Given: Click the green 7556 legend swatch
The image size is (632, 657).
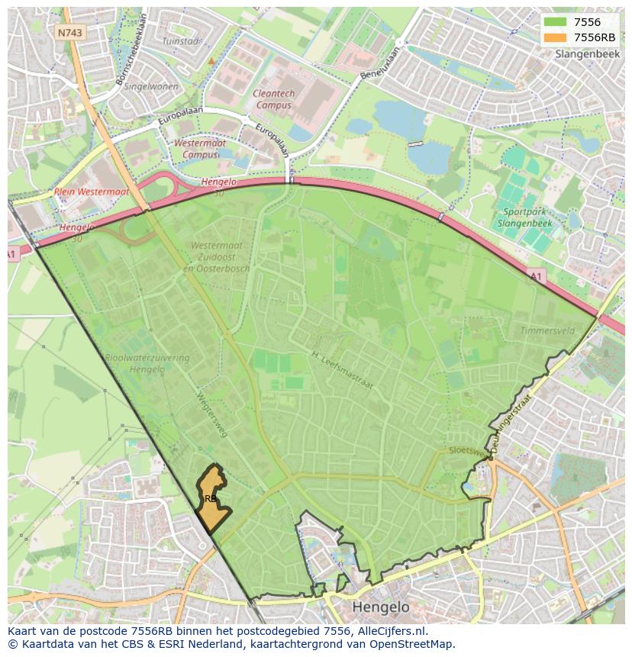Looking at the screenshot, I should click(x=556, y=22).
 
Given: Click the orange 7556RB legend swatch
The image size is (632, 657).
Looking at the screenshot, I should click(x=556, y=37).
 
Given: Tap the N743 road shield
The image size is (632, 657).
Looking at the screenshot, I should click(x=70, y=33).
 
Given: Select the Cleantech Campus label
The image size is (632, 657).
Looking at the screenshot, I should click(x=273, y=99).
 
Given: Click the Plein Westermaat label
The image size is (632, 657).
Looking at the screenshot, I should click(x=92, y=192).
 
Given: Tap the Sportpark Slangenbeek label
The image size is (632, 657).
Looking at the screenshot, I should click(x=524, y=217).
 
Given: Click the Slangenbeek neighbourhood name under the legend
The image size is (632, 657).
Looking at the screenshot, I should click(x=586, y=54).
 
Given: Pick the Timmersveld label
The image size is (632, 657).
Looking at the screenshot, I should click(x=547, y=330).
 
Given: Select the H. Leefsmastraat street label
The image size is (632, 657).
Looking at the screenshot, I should click(x=342, y=369).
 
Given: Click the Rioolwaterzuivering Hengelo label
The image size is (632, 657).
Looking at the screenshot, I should click(x=137, y=363).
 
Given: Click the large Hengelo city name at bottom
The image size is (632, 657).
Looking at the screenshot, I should click(x=381, y=607).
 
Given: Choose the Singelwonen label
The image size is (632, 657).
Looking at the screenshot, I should click(x=150, y=86).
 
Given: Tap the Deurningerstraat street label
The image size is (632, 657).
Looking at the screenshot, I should click(x=512, y=424).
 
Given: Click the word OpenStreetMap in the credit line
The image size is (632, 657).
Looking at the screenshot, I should click(x=412, y=644).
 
